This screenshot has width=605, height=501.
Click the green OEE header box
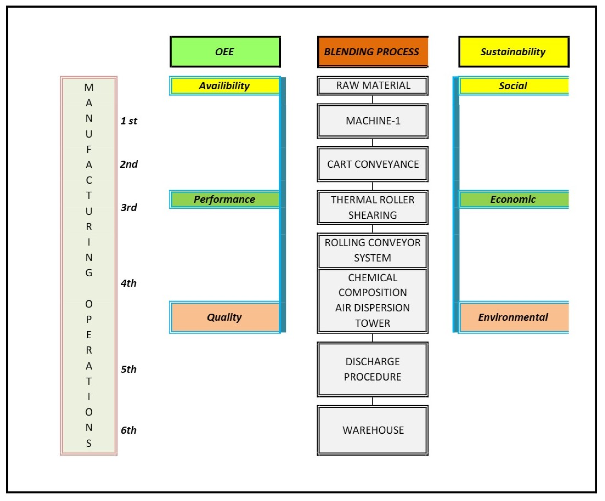225,52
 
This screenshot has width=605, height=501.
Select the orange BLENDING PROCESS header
372,52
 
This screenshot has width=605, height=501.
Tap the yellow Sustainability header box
514,52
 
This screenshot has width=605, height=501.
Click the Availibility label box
224,86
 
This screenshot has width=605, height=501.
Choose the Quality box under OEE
224,317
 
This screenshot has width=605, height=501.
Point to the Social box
513,86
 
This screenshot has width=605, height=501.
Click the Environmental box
513,317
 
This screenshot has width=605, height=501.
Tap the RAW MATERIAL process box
372,86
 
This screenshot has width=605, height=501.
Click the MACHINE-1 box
372,121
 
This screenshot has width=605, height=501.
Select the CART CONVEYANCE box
372,164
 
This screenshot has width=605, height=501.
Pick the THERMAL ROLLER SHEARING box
372,207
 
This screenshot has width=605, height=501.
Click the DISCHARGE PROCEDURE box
372,370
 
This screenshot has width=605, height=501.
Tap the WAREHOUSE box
372,430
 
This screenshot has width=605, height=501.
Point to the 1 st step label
129,121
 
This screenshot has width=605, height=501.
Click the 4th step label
128,283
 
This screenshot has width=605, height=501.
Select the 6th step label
128,430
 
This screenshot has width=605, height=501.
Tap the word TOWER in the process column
372,324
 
